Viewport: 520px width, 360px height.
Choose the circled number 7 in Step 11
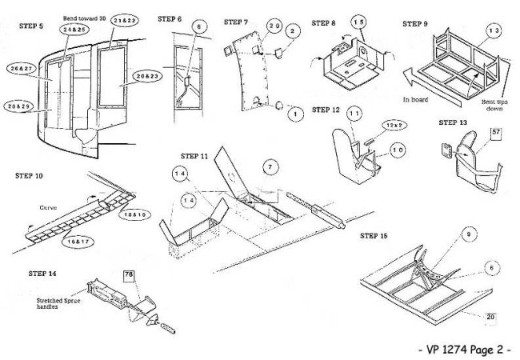270,166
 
